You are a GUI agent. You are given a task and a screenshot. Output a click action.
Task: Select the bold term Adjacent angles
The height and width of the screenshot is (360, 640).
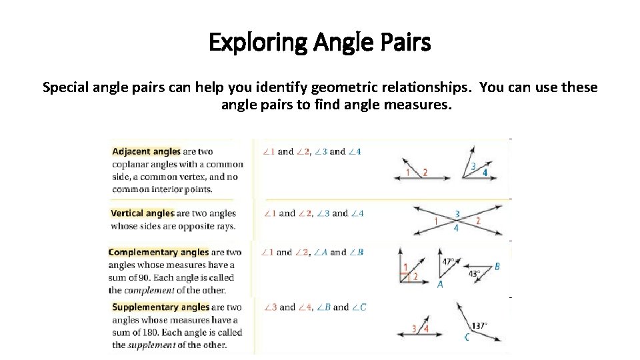(x=146, y=151)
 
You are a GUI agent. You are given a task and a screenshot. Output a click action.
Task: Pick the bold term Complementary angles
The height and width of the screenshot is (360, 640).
(x=159, y=252)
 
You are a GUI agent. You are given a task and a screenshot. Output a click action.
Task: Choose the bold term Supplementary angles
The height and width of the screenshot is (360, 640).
(x=161, y=307)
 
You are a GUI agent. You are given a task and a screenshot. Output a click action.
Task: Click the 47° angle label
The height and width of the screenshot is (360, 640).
(x=448, y=262)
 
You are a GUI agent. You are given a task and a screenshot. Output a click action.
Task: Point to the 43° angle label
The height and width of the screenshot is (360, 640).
(x=474, y=273)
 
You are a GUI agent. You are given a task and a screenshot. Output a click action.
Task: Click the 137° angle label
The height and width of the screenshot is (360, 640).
(x=479, y=326)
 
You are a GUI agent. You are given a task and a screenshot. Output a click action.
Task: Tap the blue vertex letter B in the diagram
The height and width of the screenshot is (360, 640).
(x=497, y=267)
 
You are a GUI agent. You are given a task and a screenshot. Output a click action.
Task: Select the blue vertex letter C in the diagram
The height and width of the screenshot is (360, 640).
(x=467, y=337)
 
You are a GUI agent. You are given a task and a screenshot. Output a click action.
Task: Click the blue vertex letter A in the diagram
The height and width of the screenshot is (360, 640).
(x=440, y=285)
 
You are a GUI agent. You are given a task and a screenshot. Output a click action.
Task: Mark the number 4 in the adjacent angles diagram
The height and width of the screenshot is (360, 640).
(x=485, y=173)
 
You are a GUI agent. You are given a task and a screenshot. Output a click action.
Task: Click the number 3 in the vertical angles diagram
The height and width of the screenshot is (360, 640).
(x=457, y=214)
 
